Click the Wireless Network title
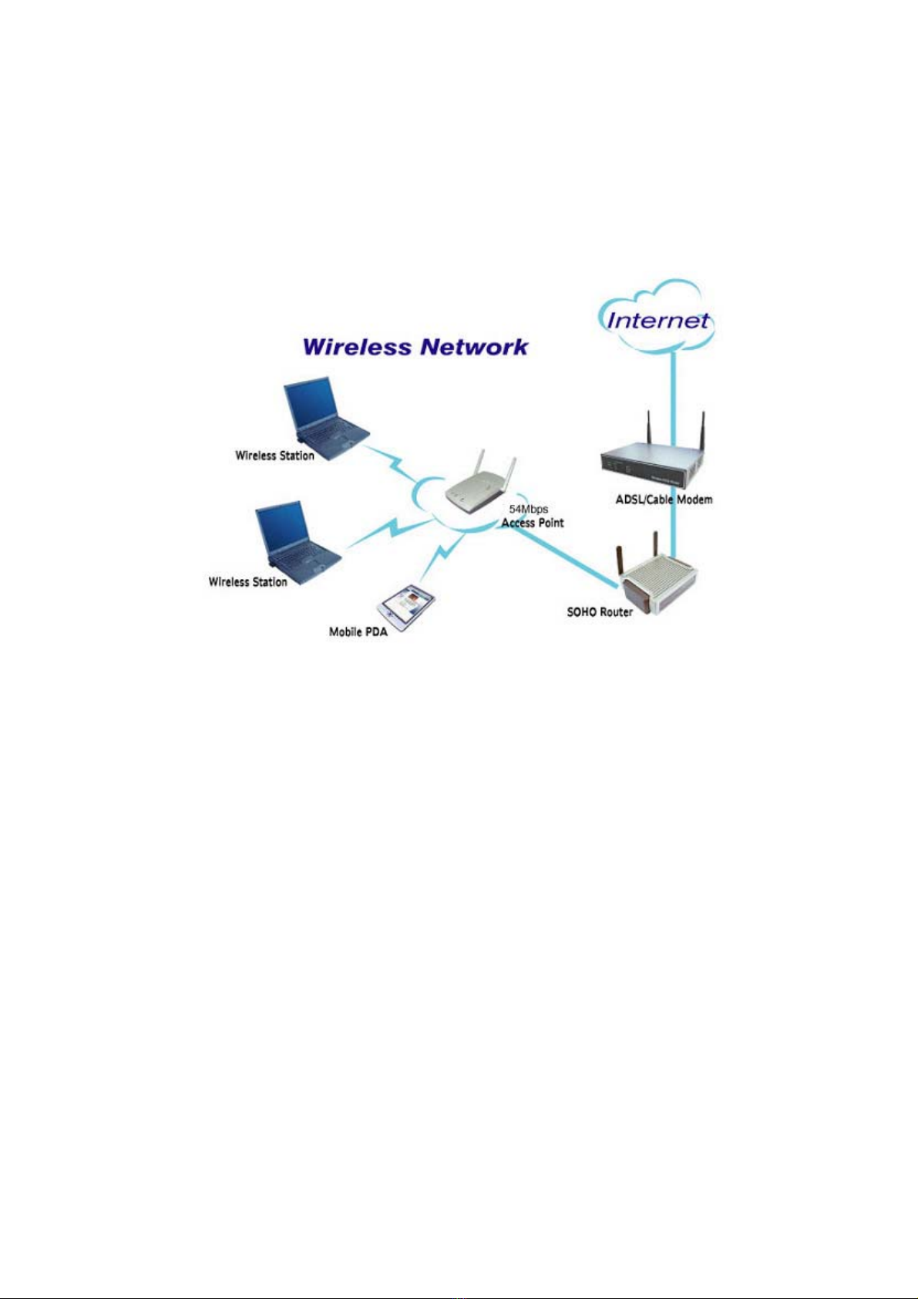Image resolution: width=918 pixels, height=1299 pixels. [x=415, y=347]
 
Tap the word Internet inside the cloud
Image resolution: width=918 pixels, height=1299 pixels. [x=657, y=320]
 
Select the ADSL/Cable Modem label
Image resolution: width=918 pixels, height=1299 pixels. [x=664, y=500]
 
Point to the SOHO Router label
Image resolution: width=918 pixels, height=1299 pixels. [x=600, y=612]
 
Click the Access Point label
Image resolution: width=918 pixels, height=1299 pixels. [x=533, y=523]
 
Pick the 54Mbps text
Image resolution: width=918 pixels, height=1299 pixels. [x=529, y=510]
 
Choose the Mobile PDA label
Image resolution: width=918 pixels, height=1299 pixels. [x=358, y=632]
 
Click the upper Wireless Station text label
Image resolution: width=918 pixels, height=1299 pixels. [x=274, y=456]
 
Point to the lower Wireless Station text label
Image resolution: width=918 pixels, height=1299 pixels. [x=248, y=582]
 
